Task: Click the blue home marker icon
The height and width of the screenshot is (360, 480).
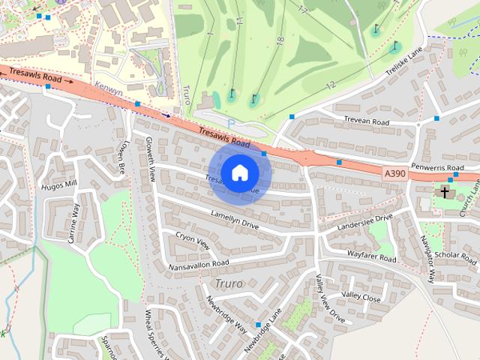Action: point(239,172)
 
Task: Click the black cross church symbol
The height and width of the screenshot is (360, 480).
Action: point(445,193)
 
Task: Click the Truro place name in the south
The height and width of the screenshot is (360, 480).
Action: point(229,283)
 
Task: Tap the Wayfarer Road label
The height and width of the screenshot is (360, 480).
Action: point(371,256)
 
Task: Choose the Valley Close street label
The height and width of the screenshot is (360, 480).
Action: point(361,296)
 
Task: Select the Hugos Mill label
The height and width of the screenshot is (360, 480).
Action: point(59,185)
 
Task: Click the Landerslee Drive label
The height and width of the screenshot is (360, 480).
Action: point(365,221)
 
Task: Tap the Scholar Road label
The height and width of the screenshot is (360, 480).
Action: point(455,256)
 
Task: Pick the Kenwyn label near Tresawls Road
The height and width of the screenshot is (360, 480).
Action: point(108,88)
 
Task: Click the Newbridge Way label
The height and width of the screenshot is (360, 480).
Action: point(226,314)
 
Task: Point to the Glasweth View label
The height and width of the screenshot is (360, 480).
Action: point(150,160)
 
